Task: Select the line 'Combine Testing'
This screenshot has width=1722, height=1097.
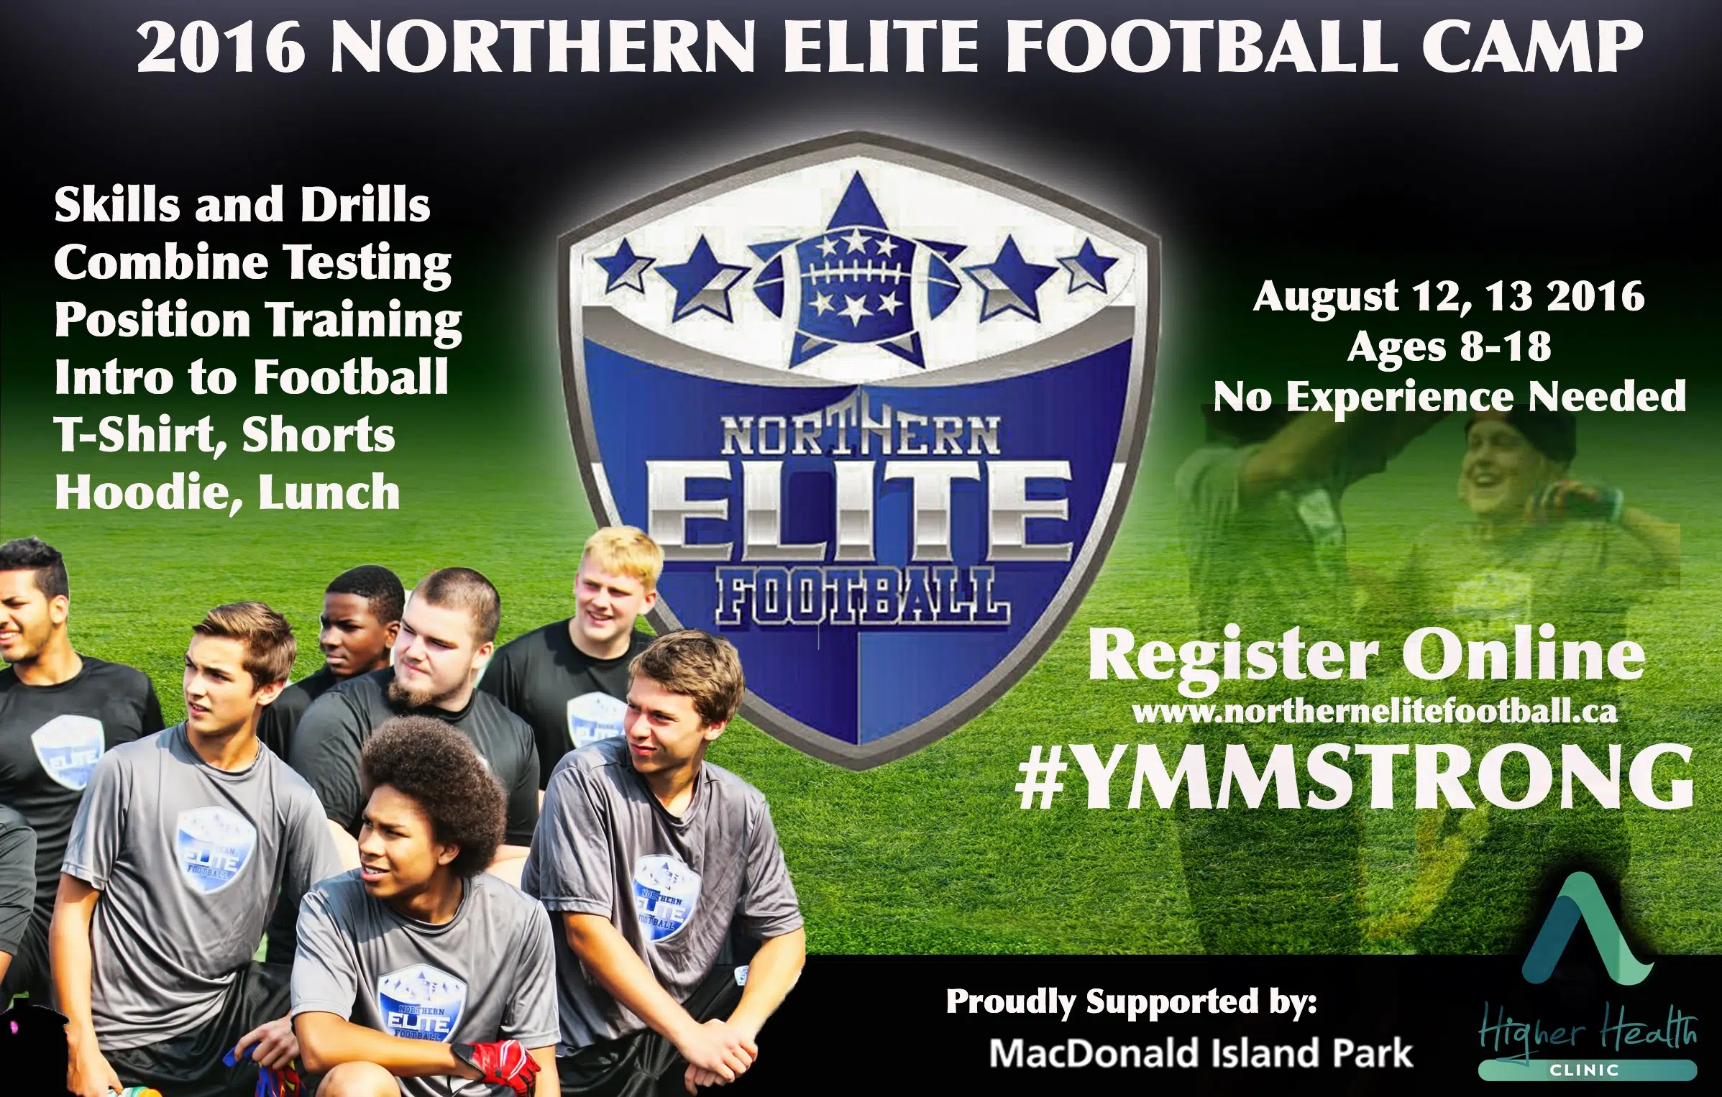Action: [252, 264]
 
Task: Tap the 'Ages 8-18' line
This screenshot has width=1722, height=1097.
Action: [1449, 347]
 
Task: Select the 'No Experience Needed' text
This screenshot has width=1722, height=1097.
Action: [1449, 397]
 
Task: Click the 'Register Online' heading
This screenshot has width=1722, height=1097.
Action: [1366, 654]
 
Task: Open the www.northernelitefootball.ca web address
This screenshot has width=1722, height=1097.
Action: [1375, 712]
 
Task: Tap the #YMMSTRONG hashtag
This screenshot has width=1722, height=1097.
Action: [1355, 777]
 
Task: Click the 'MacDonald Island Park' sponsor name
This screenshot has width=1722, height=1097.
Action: [1201, 1053]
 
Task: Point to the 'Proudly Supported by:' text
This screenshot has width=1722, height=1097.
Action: [1131, 1002]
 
